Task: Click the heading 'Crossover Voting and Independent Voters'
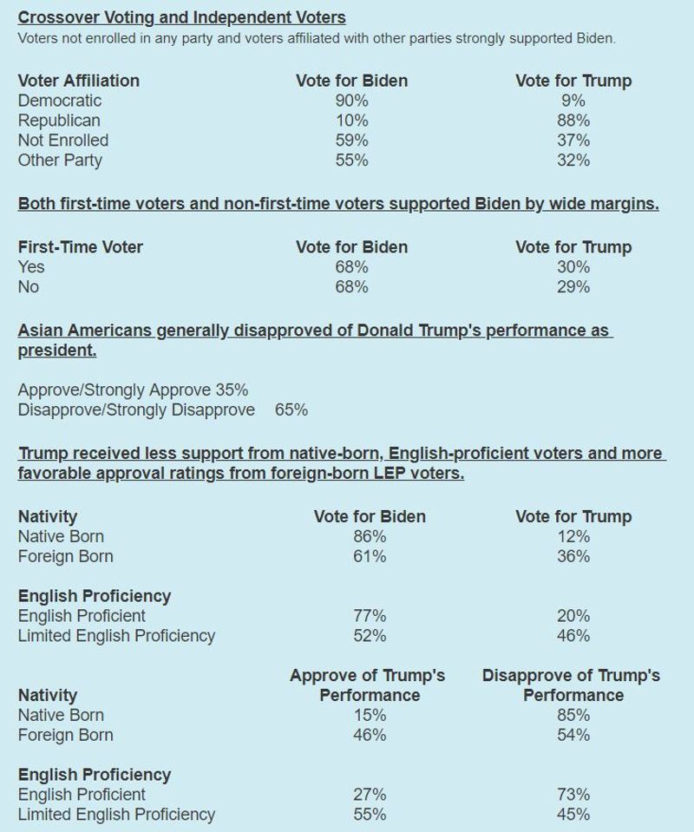(181, 17)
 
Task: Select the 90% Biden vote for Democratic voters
(351, 101)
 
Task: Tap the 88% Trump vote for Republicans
(573, 121)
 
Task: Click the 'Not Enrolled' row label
(63, 141)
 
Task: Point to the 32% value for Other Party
(573, 161)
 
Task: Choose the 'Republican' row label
(59, 121)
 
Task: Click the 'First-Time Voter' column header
(81, 247)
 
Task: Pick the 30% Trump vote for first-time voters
(573, 267)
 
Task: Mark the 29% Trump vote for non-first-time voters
(573, 287)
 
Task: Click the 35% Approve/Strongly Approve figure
(232, 390)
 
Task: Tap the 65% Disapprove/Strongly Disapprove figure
(291, 410)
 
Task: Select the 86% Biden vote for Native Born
(370, 537)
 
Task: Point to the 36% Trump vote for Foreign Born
(573, 557)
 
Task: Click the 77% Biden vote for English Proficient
(370, 616)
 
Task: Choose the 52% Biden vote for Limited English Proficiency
(370, 636)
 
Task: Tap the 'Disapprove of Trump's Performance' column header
(571, 685)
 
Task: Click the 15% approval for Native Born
(370, 716)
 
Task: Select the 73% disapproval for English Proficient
(573, 795)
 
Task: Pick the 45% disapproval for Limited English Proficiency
(573, 815)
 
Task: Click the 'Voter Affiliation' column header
(78, 81)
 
